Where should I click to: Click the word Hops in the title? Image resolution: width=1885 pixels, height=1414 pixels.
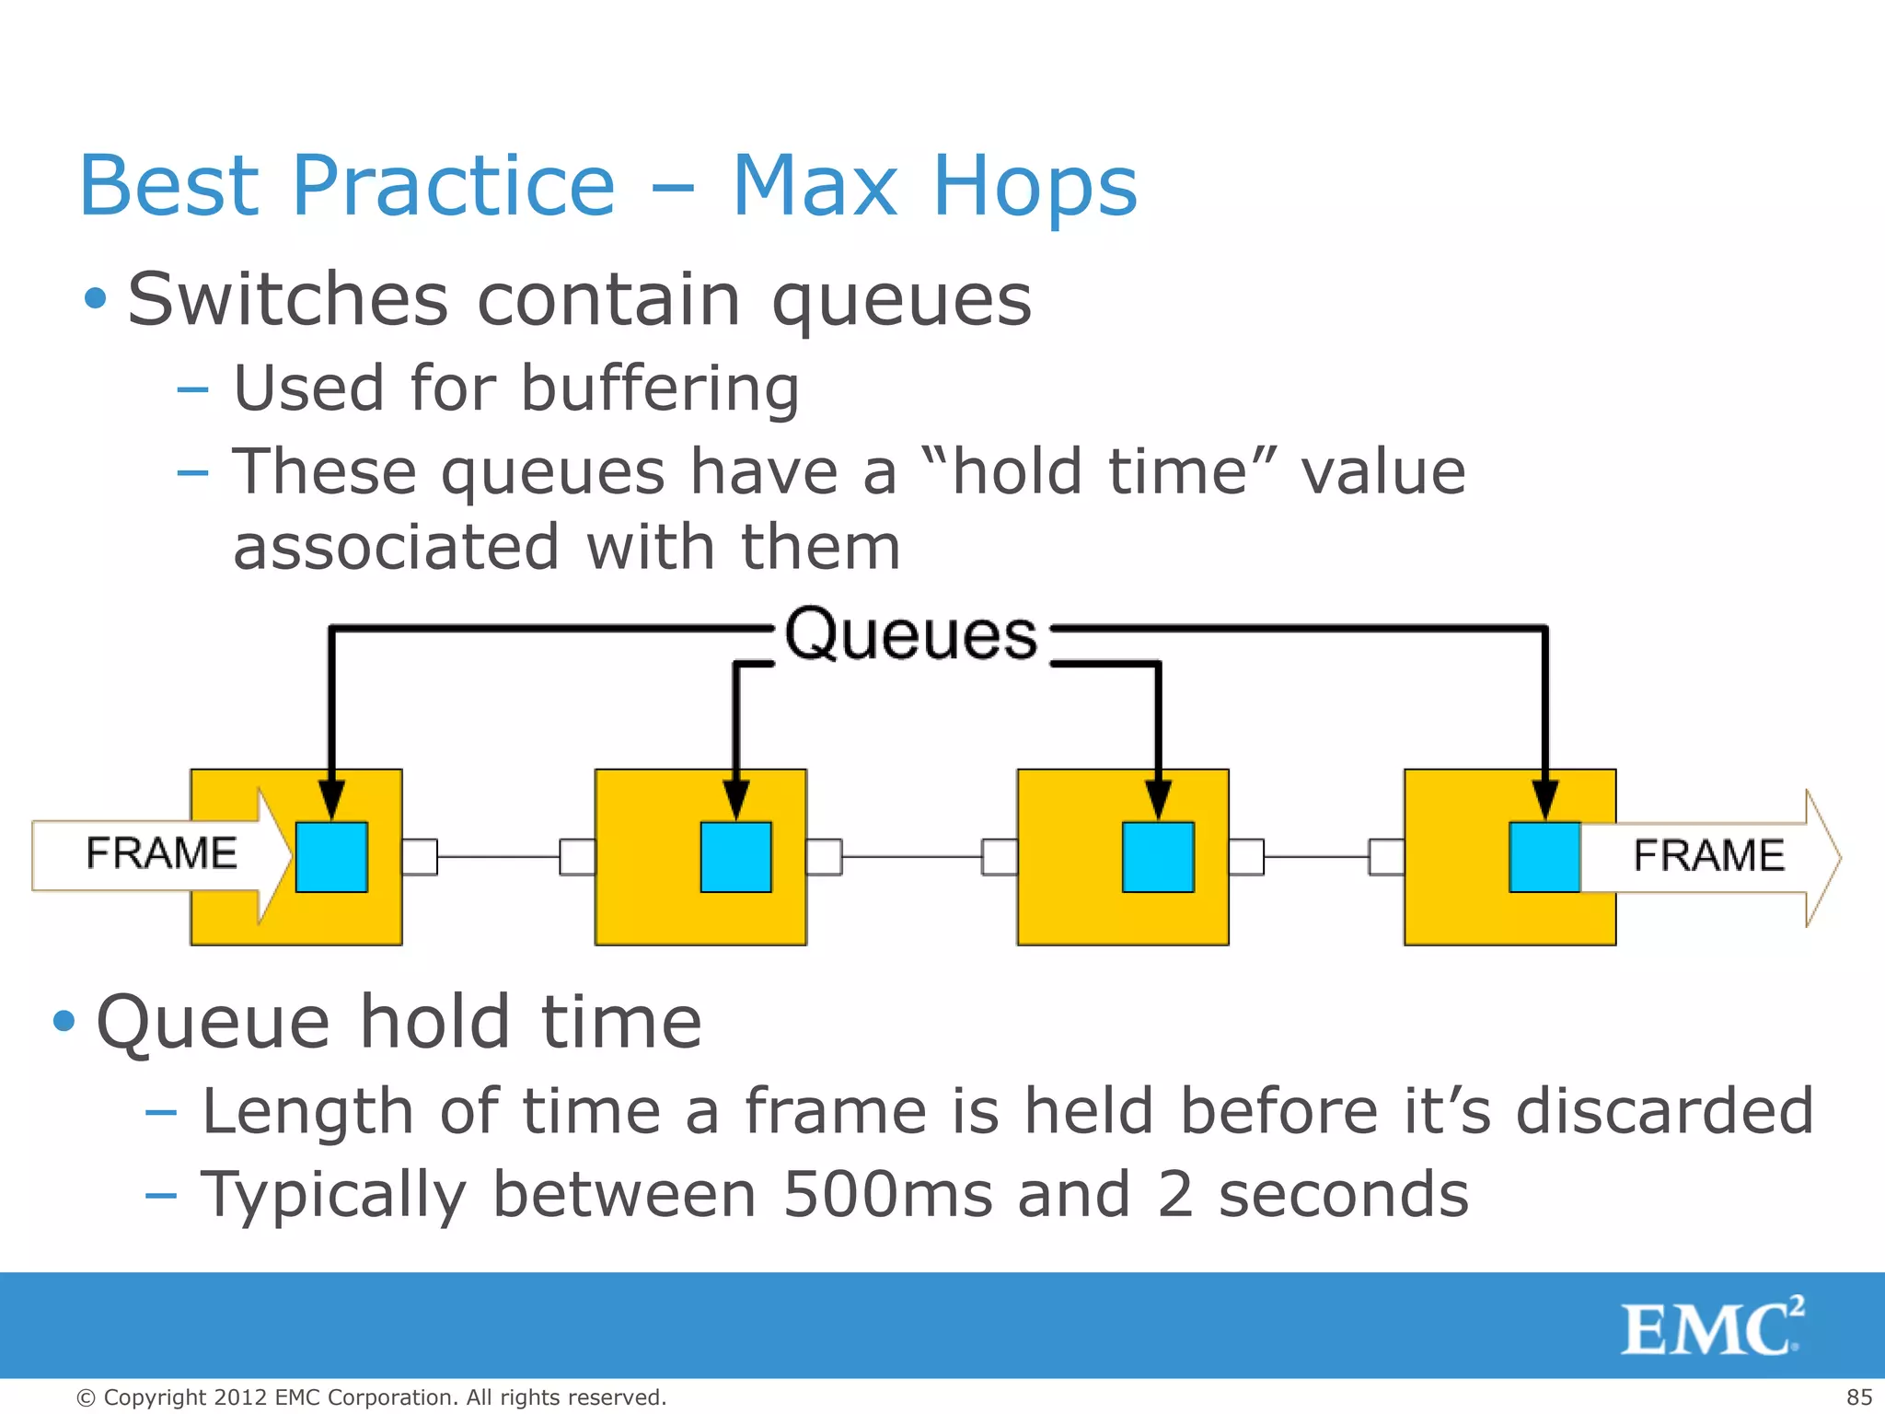(1035, 187)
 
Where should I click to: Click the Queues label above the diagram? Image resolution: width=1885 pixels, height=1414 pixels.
(910, 635)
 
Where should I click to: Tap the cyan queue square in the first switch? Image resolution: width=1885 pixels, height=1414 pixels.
(331, 857)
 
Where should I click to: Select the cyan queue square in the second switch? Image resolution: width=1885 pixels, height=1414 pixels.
(735, 857)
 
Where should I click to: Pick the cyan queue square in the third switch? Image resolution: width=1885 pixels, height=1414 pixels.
(1158, 857)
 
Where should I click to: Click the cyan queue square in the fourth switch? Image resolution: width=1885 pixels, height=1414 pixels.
(1544, 857)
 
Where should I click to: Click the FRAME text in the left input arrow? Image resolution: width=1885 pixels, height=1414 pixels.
(161, 853)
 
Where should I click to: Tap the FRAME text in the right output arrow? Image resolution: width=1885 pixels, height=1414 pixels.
(1708, 855)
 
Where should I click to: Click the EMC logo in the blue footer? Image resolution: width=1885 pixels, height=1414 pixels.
(1711, 1327)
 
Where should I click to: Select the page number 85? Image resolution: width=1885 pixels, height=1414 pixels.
(1858, 1397)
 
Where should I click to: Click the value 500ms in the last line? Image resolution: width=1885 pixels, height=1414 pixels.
(887, 1195)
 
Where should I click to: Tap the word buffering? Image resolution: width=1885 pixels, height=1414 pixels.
(660, 388)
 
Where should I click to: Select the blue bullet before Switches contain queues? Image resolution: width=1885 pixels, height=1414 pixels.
(95, 298)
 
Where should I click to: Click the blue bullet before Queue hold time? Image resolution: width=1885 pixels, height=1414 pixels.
(64, 1021)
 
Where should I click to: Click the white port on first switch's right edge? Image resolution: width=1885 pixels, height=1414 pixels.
(420, 857)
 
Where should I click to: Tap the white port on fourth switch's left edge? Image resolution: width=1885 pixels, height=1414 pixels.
(1386, 857)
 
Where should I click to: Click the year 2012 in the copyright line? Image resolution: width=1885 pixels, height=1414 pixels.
(240, 1397)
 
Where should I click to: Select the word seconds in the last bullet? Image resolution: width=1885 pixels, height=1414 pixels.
(1343, 1195)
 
